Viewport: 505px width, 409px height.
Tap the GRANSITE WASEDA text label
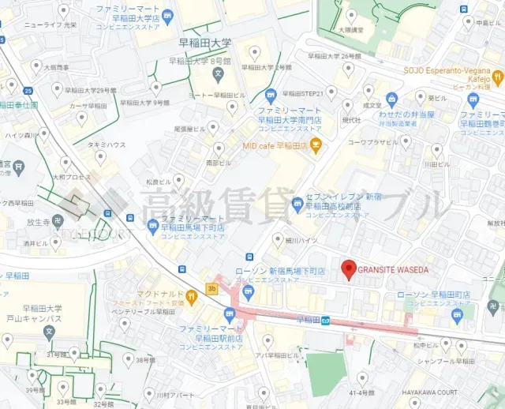(393, 269)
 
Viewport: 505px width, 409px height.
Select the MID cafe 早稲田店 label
(274, 145)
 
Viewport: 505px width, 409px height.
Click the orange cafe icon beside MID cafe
(316, 144)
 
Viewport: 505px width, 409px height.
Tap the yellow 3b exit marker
(211, 288)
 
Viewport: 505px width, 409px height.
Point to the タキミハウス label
(107, 145)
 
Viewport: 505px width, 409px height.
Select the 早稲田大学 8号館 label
(205, 60)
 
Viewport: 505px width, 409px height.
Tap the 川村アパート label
(175, 394)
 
